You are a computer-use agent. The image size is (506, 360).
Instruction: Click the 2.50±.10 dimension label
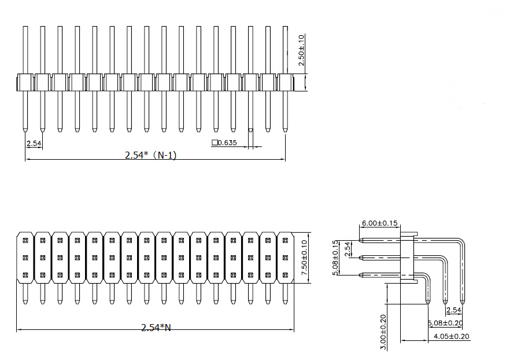click(x=301, y=50)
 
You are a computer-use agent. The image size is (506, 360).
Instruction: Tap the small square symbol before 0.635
click(x=215, y=142)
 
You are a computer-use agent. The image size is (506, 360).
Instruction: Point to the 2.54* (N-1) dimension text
click(x=150, y=155)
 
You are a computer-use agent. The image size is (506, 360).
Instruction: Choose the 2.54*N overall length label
click(x=156, y=328)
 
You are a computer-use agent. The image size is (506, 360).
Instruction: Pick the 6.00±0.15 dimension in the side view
click(x=379, y=223)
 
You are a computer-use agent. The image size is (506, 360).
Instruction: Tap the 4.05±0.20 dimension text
click(x=452, y=336)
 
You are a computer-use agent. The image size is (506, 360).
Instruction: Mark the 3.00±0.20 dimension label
click(x=382, y=331)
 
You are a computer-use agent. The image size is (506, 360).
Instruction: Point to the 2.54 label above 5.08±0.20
click(x=453, y=311)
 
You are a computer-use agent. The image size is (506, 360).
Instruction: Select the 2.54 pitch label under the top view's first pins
click(x=34, y=142)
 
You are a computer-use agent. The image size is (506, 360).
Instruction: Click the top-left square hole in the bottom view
click(x=25, y=239)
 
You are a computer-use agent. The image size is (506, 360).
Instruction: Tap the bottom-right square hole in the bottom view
click(x=285, y=275)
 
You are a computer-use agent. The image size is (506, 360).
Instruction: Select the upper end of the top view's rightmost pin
click(x=285, y=28)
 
